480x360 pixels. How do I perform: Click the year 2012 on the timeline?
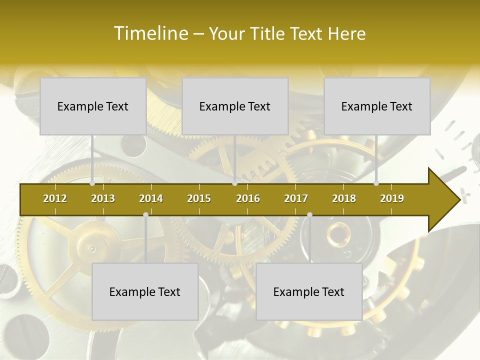pyautogui.click(x=55, y=198)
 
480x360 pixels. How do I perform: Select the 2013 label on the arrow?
pyautogui.click(x=103, y=198)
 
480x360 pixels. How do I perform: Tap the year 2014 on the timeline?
pyautogui.click(x=151, y=198)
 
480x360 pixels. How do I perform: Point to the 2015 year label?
pyautogui.click(x=199, y=198)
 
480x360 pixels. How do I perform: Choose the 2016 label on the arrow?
pyautogui.click(x=248, y=198)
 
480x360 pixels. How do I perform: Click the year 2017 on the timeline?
pyautogui.click(x=296, y=198)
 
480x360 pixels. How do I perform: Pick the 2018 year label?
pyautogui.click(x=344, y=198)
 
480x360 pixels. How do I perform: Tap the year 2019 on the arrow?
pyautogui.click(x=392, y=198)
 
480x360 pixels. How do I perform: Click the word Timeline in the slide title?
pyautogui.click(x=150, y=33)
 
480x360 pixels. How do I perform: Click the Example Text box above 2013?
pyautogui.click(x=93, y=106)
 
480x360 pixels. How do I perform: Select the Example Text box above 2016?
pyautogui.click(x=235, y=106)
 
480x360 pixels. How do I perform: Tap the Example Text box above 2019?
pyautogui.click(x=377, y=106)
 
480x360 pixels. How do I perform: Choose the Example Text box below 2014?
pyautogui.click(x=145, y=291)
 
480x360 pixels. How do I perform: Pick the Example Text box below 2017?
pyautogui.click(x=309, y=291)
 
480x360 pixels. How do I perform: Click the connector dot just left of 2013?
pyautogui.click(x=92, y=183)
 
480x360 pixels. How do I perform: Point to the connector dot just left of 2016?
pyautogui.click(x=235, y=183)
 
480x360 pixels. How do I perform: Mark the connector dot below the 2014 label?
pyautogui.click(x=145, y=215)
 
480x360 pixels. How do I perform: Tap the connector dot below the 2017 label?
pyautogui.click(x=309, y=215)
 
